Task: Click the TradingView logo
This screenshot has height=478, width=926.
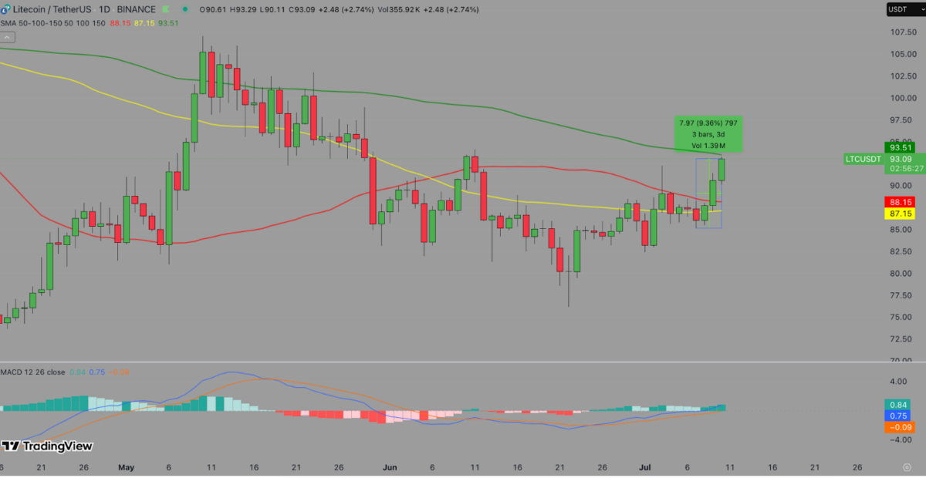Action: click(x=48, y=446)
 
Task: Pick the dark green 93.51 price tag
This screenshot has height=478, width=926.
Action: click(x=901, y=148)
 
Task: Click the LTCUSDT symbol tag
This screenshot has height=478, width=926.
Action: click(x=863, y=160)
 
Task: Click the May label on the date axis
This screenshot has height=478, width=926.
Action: click(x=127, y=467)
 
